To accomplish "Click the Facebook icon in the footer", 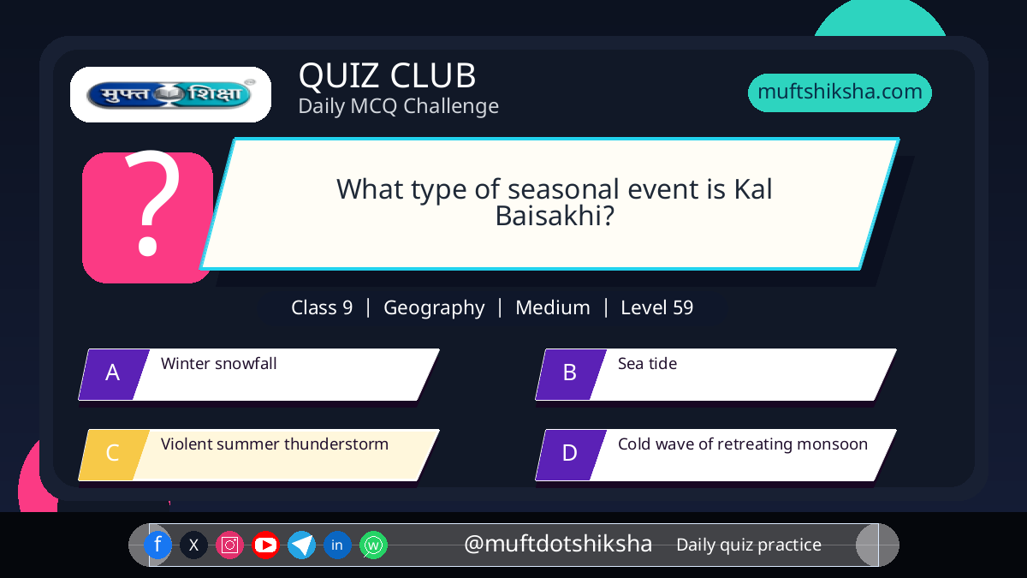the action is [157, 545].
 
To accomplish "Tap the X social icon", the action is [193, 545].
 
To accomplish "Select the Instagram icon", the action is [229, 545].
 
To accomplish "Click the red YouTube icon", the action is [265, 545].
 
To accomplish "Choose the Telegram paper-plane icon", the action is [301, 545].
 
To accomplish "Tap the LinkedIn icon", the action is [337, 545].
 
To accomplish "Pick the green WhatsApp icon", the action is [373, 545].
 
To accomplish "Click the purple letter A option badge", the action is [114, 374].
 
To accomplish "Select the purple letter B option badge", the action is [571, 374].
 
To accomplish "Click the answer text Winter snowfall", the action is [219, 363].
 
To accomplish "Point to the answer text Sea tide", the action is [647, 363].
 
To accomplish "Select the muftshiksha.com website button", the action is [840, 92].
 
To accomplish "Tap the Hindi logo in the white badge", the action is [170, 94].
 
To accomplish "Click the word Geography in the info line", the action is [434, 308].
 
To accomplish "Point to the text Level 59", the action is [656, 307].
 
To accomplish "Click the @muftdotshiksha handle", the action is [557, 544].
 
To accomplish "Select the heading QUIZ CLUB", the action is [388, 75].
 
